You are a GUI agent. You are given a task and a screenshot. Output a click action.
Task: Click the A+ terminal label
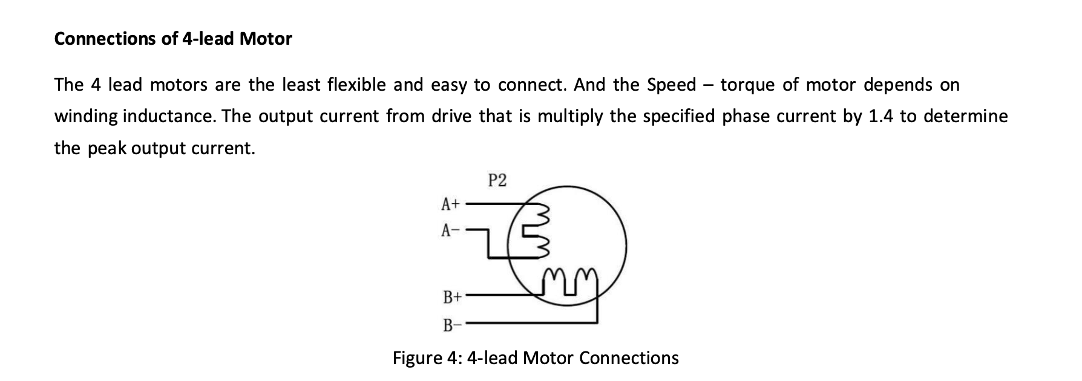click(450, 204)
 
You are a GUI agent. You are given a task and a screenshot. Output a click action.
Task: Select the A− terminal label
click(450, 230)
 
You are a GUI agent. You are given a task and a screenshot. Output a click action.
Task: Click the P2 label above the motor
click(497, 180)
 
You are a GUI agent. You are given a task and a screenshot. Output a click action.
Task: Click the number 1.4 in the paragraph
click(881, 116)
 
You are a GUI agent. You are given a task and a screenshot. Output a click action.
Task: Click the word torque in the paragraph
click(747, 85)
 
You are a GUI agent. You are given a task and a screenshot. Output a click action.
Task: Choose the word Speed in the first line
click(672, 85)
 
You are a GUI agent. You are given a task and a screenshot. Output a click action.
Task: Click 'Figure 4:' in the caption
click(427, 359)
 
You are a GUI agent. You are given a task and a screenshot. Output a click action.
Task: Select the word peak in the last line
click(107, 149)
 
